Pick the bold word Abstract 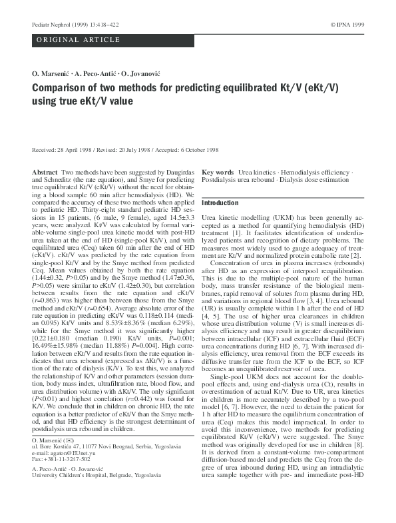pos(45,172)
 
